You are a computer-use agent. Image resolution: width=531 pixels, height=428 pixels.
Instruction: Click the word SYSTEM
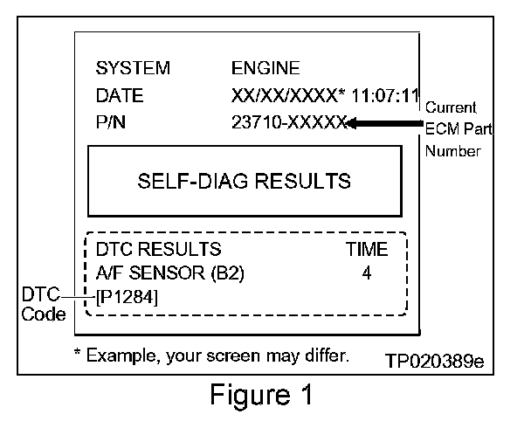pos(133,68)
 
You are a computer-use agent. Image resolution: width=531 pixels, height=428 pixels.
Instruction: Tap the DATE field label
pos(120,95)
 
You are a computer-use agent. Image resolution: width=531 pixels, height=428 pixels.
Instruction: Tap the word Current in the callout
pos(451,107)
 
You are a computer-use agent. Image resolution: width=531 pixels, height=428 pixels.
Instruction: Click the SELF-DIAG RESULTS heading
pos(244,182)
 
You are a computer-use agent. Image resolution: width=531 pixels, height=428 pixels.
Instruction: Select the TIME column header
pos(367,250)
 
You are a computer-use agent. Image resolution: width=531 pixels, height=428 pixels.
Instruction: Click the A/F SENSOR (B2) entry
pos(169,273)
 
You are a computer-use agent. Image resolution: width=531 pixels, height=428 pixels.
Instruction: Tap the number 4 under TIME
pos(367,273)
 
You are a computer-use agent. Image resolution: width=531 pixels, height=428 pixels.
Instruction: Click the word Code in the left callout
pos(44,314)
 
